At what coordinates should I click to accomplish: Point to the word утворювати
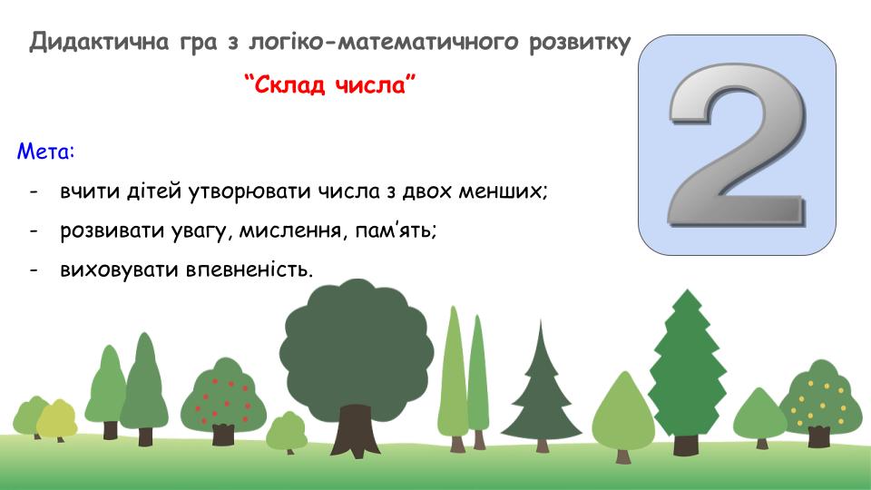click(250, 191)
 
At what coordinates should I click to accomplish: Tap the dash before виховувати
click(34, 270)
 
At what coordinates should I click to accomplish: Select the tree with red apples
click(223, 400)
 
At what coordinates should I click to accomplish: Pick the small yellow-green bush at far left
click(56, 420)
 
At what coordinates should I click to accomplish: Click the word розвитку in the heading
click(580, 43)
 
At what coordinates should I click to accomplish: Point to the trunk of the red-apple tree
click(223, 435)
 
